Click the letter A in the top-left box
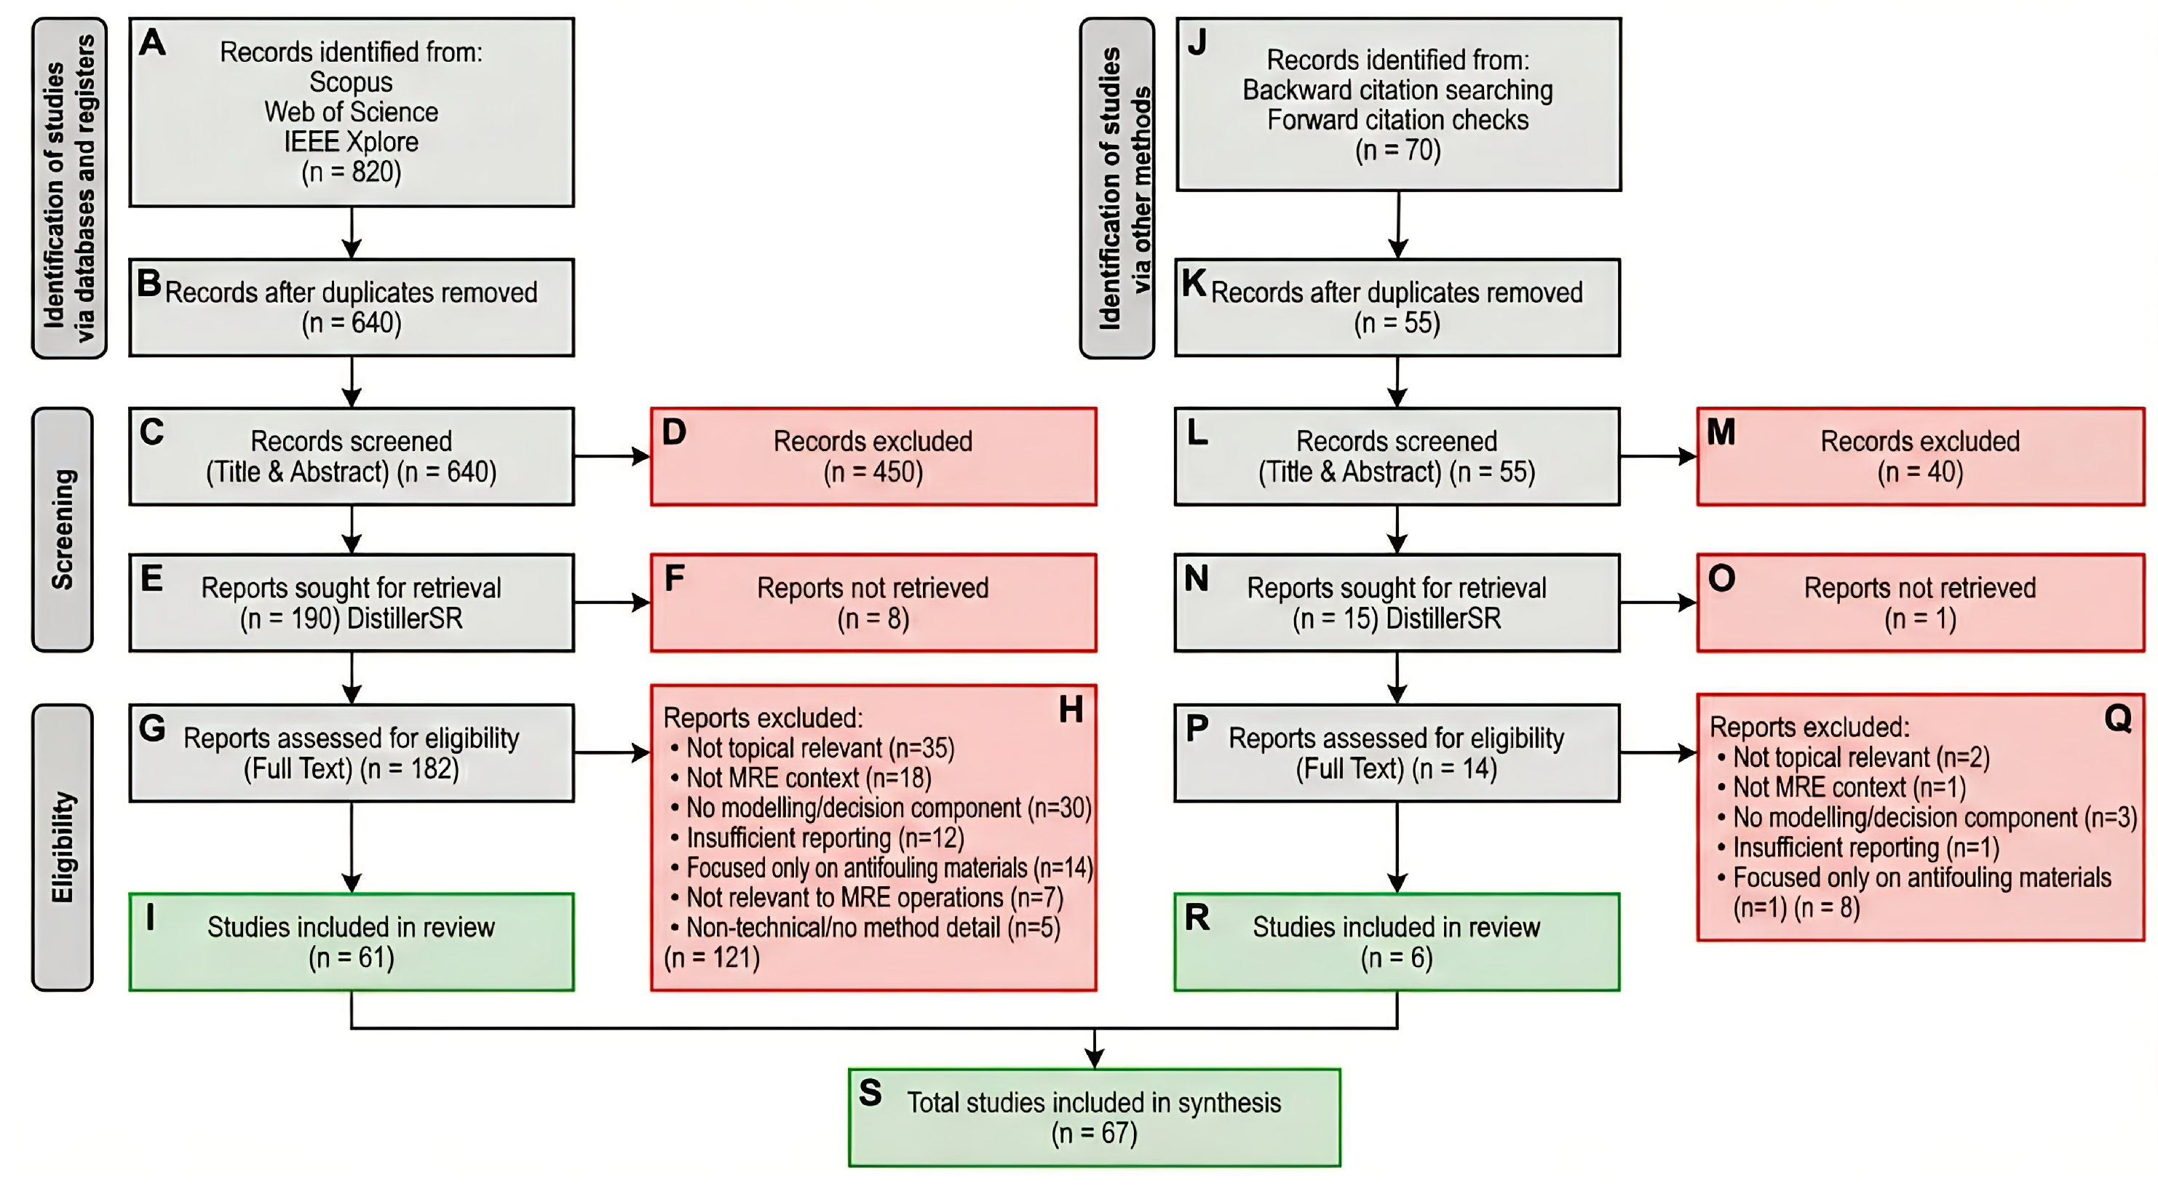click(x=152, y=42)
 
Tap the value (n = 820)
click(x=351, y=172)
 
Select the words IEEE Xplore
click(x=351, y=142)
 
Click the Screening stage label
click(x=63, y=530)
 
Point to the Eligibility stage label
click(x=63, y=847)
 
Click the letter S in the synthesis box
click(x=870, y=1092)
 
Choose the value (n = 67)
click(x=1094, y=1133)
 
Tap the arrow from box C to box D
click(x=612, y=456)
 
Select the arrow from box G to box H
click(x=612, y=753)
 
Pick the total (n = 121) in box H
click(x=712, y=958)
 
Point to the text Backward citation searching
click(x=1397, y=89)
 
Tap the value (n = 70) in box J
click(x=1397, y=150)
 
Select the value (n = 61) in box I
click(x=351, y=958)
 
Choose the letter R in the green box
click(x=1197, y=918)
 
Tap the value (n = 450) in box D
click(x=873, y=472)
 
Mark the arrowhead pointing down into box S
click(x=1094, y=1059)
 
